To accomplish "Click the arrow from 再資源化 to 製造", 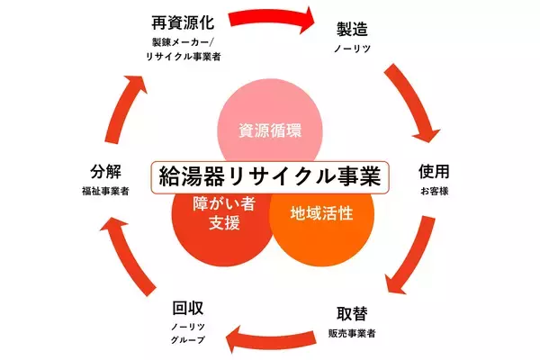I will pyautogui.click(x=270, y=17).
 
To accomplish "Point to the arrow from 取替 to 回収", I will pyautogui.click(x=270, y=337).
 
